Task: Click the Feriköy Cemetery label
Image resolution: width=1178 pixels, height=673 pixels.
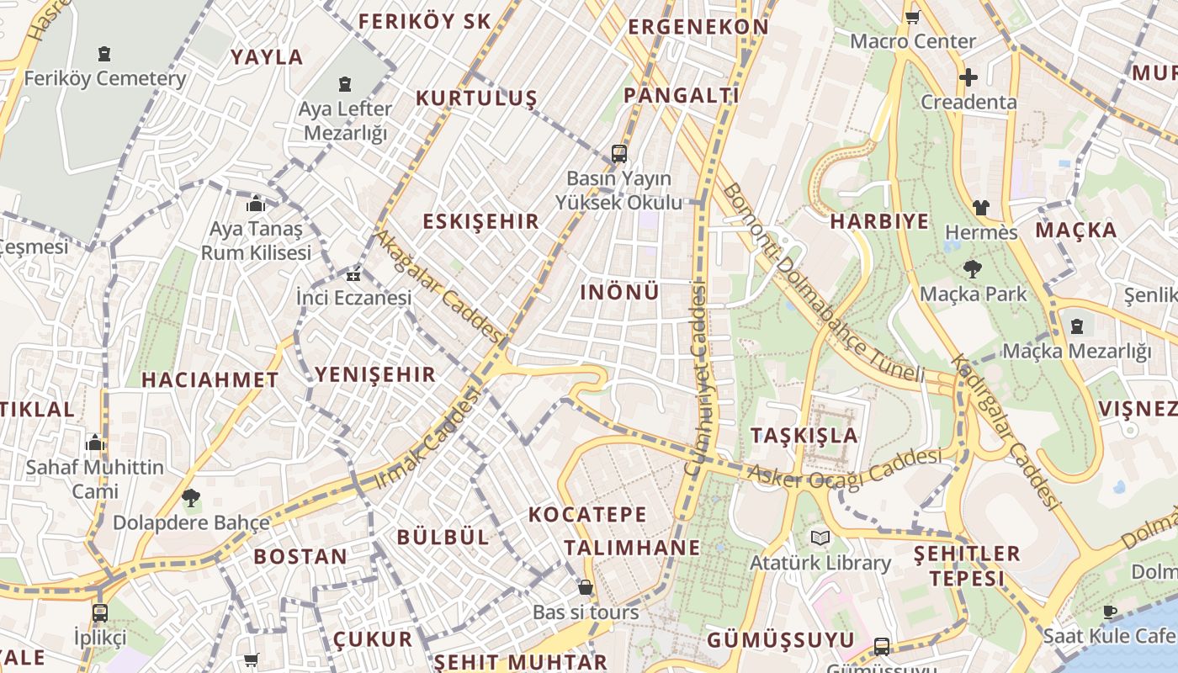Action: click(104, 78)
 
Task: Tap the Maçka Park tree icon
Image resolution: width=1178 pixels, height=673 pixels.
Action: click(973, 269)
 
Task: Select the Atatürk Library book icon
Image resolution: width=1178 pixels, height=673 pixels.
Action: click(820, 538)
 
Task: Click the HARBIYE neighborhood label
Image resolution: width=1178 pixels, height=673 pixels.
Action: click(879, 221)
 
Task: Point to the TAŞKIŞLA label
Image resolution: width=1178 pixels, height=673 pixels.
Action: click(804, 435)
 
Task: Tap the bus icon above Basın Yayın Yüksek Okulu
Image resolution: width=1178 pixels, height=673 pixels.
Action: click(619, 153)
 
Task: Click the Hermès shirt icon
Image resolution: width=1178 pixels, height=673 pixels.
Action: click(980, 207)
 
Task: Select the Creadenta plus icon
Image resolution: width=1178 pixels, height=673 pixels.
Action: click(968, 77)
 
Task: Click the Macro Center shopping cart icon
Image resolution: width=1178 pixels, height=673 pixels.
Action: click(912, 17)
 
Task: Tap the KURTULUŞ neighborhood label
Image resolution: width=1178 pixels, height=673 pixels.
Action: click(476, 98)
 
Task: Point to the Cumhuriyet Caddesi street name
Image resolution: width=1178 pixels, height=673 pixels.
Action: click(698, 379)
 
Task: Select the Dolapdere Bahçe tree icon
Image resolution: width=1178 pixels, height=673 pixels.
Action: click(191, 497)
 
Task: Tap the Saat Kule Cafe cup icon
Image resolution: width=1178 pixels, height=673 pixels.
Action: click(1109, 611)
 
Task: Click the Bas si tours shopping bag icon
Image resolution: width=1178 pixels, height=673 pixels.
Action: click(585, 586)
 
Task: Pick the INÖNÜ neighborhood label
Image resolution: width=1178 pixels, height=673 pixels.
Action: click(620, 292)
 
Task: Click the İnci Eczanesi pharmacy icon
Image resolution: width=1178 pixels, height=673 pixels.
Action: click(353, 274)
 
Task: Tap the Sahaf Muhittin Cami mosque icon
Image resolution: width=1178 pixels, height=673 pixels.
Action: click(95, 442)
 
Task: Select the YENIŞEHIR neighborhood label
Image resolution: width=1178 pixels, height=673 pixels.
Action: click(375, 374)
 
